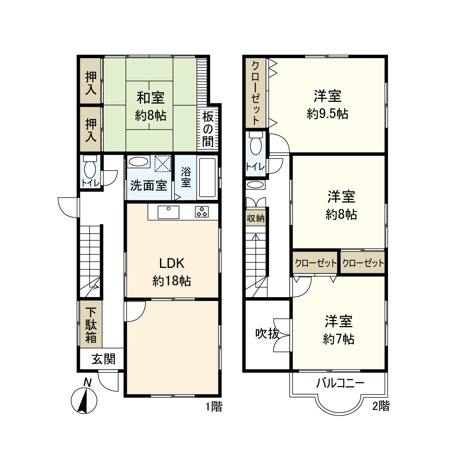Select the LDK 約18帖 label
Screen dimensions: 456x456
(x=171, y=272)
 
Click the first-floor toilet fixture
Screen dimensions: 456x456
(x=90, y=166)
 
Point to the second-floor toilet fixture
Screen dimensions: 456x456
(x=256, y=144)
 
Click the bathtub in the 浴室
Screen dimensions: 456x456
(x=207, y=178)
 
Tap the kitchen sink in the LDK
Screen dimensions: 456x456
(x=168, y=212)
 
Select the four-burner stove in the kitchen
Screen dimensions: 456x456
(x=202, y=212)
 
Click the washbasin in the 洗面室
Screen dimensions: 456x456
(x=138, y=161)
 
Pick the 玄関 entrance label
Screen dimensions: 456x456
(x=104, y=359)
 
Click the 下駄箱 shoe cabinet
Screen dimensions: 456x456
(x=91, y=324)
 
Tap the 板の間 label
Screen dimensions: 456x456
(x=208, y=130)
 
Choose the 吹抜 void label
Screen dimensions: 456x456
(x=267, y=334)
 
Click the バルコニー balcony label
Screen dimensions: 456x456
(x=340, y=383)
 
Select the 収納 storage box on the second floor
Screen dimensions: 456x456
(x=256, y=218)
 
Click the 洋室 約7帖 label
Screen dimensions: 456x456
(x=339, y=330)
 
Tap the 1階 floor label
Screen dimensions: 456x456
(x=214, y=406)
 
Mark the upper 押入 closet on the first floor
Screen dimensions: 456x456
(x=91, y=81)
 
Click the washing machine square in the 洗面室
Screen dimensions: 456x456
(x=163, y=163)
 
